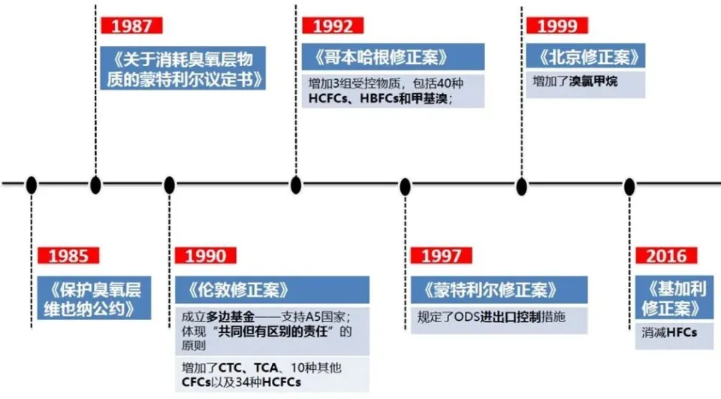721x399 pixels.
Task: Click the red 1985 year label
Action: click(x=68, y=256)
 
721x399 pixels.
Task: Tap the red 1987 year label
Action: click(x=131, y=26)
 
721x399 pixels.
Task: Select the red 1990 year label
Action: click(x=206, y=256)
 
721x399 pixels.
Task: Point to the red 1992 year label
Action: click(x=333, y=26)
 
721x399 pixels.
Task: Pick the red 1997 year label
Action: click(x=441, y=256)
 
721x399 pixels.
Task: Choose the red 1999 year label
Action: click(x=557, y=26)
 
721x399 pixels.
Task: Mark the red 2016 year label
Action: click(x=666, y=256)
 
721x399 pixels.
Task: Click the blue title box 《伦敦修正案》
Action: click(x=272, y=290)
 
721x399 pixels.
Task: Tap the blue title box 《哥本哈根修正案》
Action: click(x=393, y=57)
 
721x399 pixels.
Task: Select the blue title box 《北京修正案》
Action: click(x=585, y=56)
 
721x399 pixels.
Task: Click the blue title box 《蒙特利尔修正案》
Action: click(x=499, y=290)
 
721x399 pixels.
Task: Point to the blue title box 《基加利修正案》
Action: click(x=674, y=298)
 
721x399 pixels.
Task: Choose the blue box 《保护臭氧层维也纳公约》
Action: click(x=94, y=298)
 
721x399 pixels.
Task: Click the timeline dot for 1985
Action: click(x=32, y=185)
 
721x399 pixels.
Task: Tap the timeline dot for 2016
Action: click(x=629, y=187)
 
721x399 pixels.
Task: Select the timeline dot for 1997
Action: click(x=405, y=187)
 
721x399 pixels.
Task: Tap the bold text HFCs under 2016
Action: click(x=682, y=332)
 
